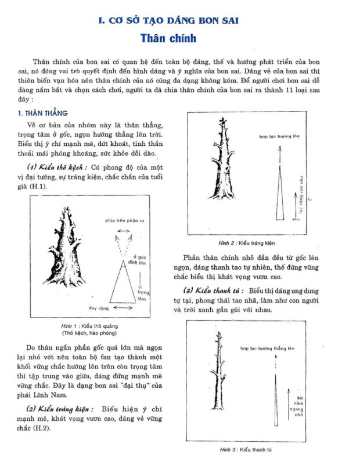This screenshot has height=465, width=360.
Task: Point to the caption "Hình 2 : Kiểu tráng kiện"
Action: pyautogui.click(x=247, y=242)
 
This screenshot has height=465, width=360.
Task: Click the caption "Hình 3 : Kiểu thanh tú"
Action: pyautogui.click(x=246, y=450)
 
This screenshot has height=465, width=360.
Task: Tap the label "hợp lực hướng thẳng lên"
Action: pyautogui.click(x=271, y=348)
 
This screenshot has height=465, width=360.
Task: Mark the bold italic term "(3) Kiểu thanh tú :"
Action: pyautogui.click(x=213, y=289)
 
